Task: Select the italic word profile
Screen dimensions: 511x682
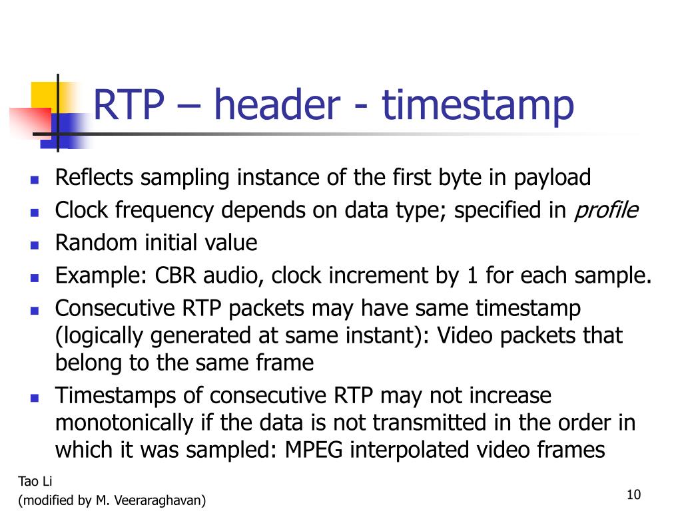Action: tap(606, 211)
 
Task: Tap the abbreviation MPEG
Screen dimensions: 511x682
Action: tap(315, 450)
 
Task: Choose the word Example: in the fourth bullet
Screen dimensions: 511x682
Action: tap(101, 275)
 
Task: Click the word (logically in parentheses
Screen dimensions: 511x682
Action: tap(100, 336)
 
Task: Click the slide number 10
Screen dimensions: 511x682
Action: tap(633, 494)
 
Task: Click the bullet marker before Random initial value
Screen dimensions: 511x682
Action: tap(35, 244)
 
